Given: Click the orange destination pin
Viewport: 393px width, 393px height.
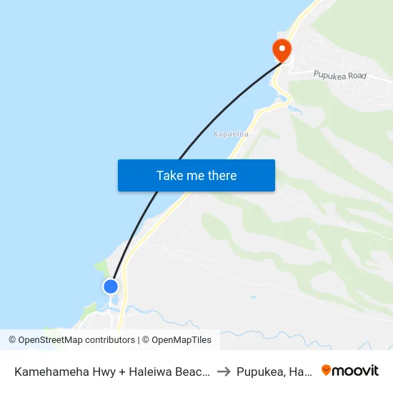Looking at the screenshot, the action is [x=282, y=51].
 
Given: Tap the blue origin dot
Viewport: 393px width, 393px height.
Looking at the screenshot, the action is [x=111, y=287].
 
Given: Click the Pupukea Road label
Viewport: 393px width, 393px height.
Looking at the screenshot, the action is [x=339, y=74].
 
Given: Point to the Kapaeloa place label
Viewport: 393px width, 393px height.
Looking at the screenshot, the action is [x=230, y=134].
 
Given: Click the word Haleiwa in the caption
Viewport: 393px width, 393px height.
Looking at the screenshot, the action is [x=164, y=372].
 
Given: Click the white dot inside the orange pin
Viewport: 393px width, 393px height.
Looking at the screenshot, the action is [x=282, y=49].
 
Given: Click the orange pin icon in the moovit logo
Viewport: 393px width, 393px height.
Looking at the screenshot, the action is [x=327, y=370].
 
